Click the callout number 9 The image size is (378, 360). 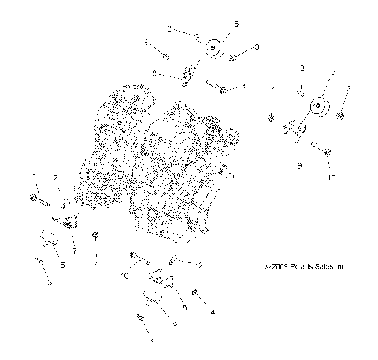(x=298, y=166)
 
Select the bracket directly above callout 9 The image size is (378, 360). (x=297, y=130)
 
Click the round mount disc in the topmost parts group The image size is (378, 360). (x=212, y=50)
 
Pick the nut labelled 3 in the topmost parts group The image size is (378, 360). (x=233, y=58)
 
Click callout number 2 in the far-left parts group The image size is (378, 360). (x=57, y=179)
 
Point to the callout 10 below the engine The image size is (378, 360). (x=124, y=276)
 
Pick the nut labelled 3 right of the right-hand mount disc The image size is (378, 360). (x=340, y=115)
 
